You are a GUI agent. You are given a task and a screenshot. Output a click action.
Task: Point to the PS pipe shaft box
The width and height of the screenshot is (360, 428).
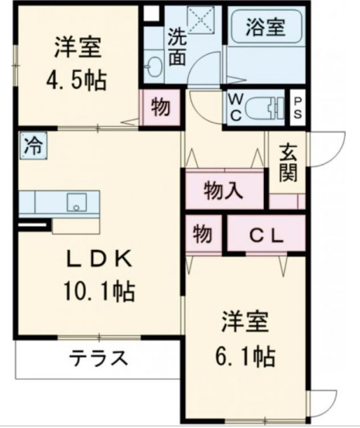(x=297, y=107)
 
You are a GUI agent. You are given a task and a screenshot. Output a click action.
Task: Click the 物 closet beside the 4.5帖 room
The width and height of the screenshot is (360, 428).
(x=161, y=108)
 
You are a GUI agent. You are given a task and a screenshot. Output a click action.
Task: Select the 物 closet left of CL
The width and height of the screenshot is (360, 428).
(x=202, y=234)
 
